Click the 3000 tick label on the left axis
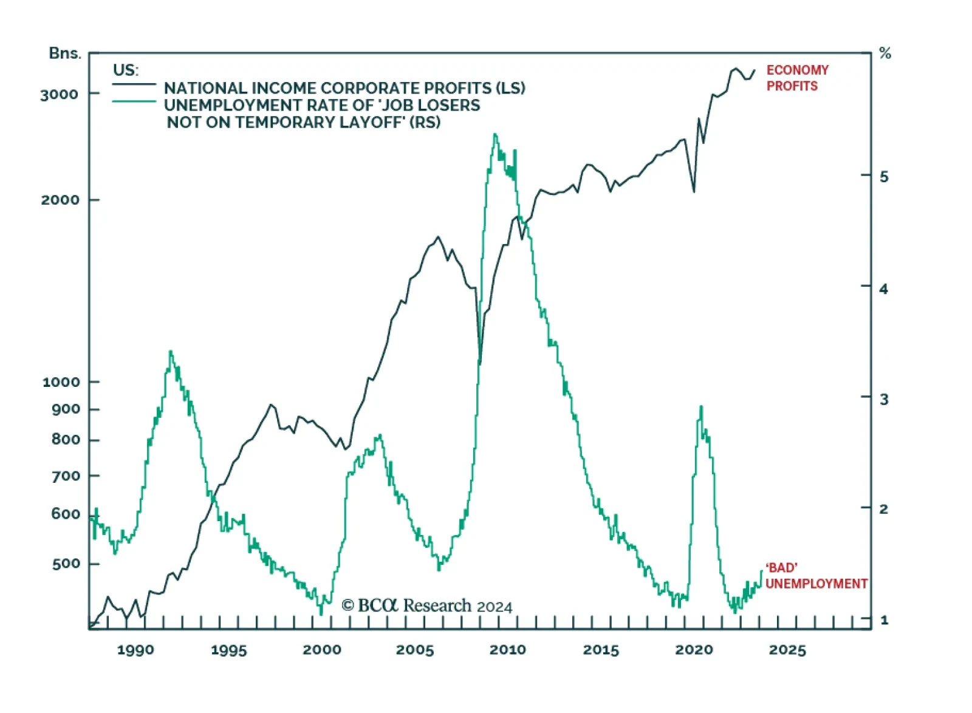(x=59, y=94)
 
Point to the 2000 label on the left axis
(x=60, y=200)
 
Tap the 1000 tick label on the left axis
(x=61, y=382)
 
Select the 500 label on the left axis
(x=66, y=564)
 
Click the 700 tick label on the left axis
(x=66, y=476)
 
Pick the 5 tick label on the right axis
(x=884, y=177)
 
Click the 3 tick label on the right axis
(x=884, y=399)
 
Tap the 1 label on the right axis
(x=884, y=620)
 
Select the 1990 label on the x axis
(x=135, y=650)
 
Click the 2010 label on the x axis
(x=508, y=650)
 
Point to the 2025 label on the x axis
(x=787, y=650)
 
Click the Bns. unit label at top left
(x=64, y=53)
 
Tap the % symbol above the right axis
(x=885, y=53)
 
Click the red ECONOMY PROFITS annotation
(x=797, y=78)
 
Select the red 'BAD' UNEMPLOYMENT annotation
(x=816, y=576)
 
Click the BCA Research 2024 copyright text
(x=426, y=606)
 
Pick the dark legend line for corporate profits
(x=134, y=84)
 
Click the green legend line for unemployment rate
(x=134, y=101)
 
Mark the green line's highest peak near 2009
(x=495, y=134)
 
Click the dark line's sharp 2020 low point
(x=694, y=192)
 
